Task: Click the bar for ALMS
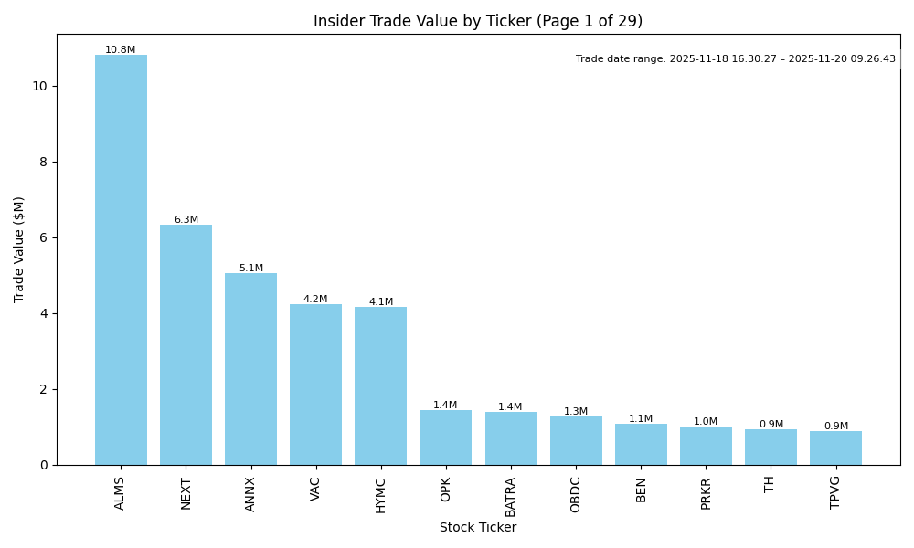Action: tap(121, 260)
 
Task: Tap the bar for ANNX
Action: tap(250, 369)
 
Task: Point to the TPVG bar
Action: tap(835, 448)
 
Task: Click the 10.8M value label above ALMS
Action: tap(121, 50)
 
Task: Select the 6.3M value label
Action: tap(186, 220)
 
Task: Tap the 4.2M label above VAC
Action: tap(315, 300)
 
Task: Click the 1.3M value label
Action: tap(576, 412)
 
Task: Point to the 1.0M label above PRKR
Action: tap(706, 422)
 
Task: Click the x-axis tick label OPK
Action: tap(446, 489)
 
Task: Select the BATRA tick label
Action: tap(511, 496)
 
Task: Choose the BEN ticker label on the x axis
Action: tap(641, 489)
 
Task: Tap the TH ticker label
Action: tap(771, 484)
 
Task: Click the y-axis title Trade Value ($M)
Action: tap(19, 249)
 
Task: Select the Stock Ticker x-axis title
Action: tap(478, 528)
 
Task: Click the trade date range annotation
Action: tap(736, 59)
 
